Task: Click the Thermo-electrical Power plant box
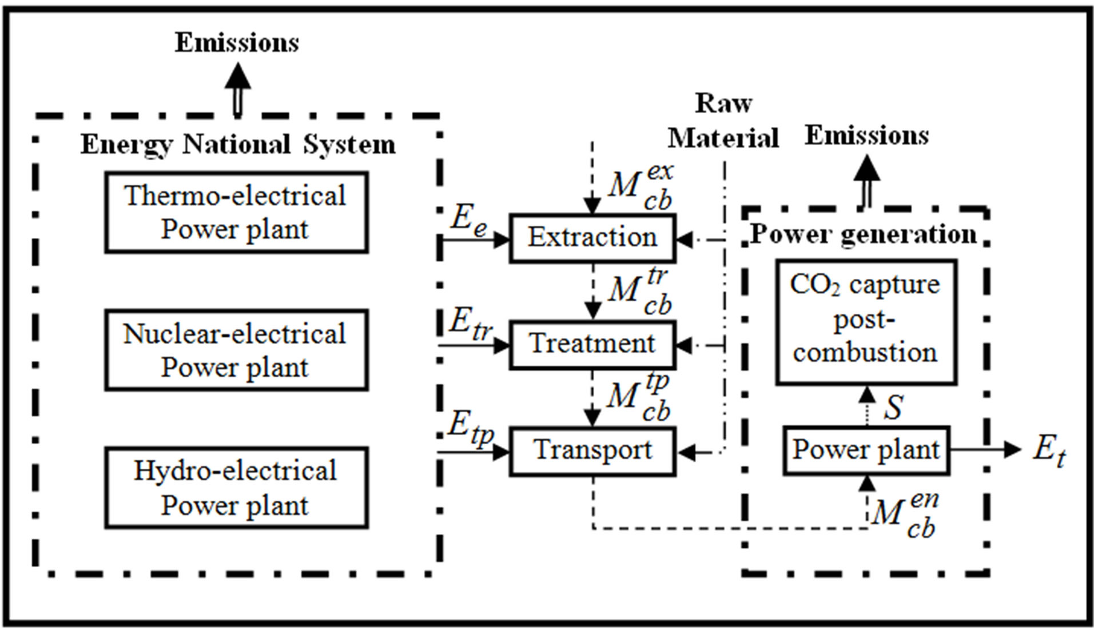pyautogui.click(x=236, y=212)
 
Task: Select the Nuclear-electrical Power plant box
pyautogui.click(x=236, y=350)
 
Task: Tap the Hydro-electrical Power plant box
pyautogui.click(x=236, y=488)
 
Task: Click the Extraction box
pyautogui.click(x=592, y=238)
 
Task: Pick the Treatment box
pyautogui.click(x=592, y=344)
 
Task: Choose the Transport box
pyautogui.click(x=592, y=450)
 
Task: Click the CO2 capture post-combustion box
pyautogui.click(x=866, y=322)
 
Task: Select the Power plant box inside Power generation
pyautogui.click(x=866, y=450)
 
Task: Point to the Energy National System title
pyautogui.click(x=237, y=144)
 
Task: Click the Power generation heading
pyautogui.click(x=864, y=234)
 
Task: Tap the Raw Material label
pyautogui.click(x=723, y=121)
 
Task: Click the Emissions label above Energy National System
pyautogui.click(x=237, y=43)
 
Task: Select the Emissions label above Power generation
pyautogui.click(x=866, y=136)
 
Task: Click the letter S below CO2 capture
pyautogui.click(x=893, y=407)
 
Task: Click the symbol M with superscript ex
pyautogui.click(x=639, y=186)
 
